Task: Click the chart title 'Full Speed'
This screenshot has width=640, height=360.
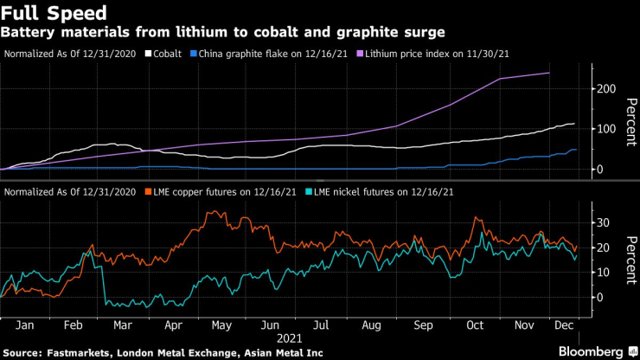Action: tap(54, 13)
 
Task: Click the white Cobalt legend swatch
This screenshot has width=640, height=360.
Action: tap(148, 54)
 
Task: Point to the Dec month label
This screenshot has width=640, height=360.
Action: tap(566, 325)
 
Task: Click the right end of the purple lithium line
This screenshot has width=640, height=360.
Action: tap(549, 73)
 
